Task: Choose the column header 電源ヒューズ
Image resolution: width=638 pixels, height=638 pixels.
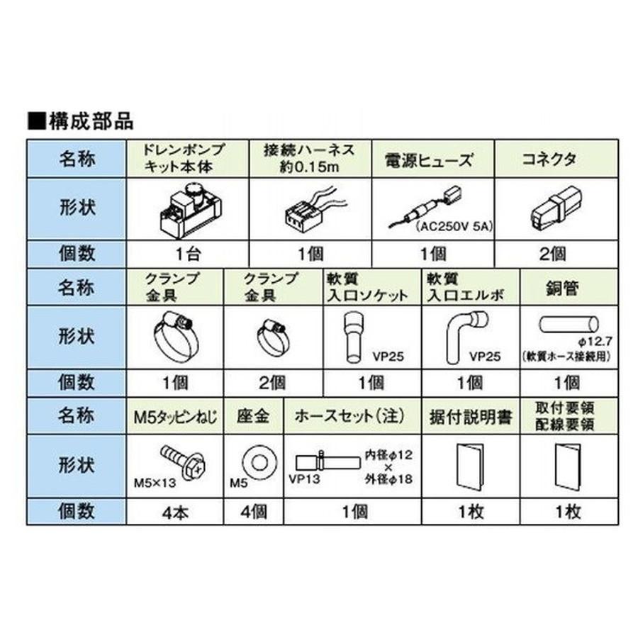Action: pyautogui.click(x=432, y=158)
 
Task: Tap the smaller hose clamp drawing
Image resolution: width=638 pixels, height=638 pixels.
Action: pyautogui.click(x=269, y=332)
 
